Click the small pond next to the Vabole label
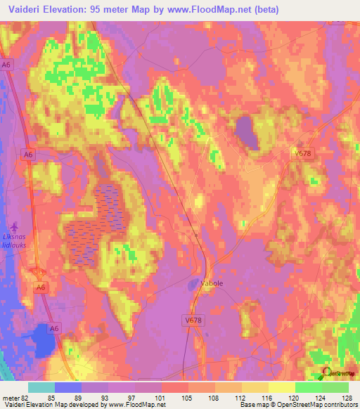click(x=193, y=285)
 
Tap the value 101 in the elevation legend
click(x=162, y=397)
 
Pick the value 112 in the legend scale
click(x=215, y=397)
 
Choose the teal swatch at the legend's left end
click(x=41, y=387)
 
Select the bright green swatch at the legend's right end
click(x=335, y=387)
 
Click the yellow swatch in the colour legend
click(x=281, y=387)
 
